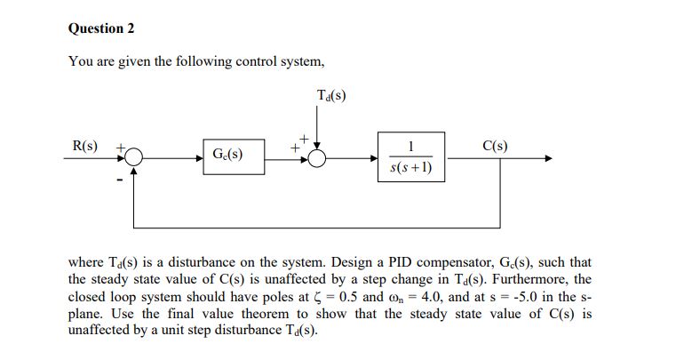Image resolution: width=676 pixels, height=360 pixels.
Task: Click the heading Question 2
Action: [101, 28]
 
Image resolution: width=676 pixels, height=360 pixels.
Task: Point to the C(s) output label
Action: [495, 145]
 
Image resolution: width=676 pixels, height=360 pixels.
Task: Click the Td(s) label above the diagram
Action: [330, 94]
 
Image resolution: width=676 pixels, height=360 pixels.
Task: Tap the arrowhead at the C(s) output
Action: [548, 159]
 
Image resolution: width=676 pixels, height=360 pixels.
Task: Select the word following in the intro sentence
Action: [198, 61]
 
